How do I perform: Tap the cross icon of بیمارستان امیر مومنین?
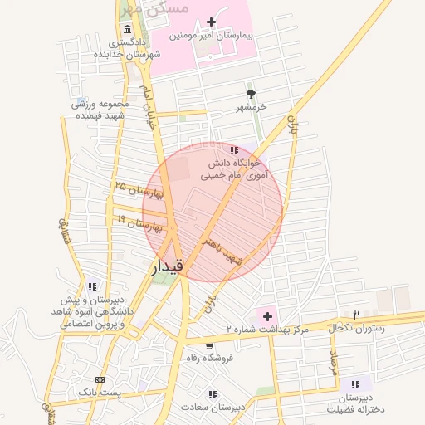pos(211,22)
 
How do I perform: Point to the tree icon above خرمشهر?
pos(251,94)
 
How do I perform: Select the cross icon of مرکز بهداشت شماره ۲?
pos(267,316)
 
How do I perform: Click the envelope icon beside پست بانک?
pos(100,377)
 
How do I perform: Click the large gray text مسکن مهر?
pos(155,8)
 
